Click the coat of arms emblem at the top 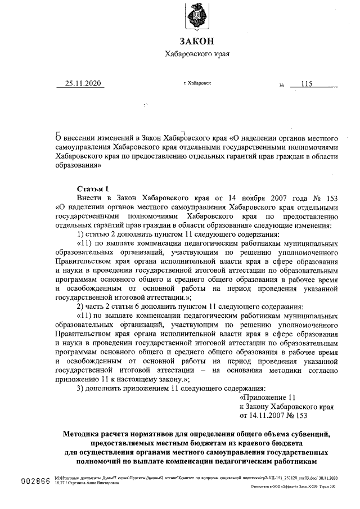pyautogui.click(x=197, y=15)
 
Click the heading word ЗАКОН pyautogui.click(x=196, y=41)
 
